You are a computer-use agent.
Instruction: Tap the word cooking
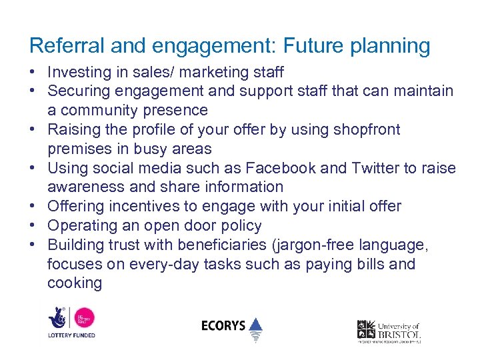[75, 283]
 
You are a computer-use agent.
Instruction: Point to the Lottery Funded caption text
[71, 335]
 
